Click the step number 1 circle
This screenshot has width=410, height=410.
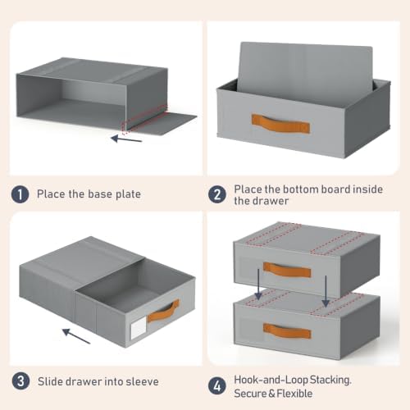click(20, 194)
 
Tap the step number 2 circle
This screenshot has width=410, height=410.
click(217, 194)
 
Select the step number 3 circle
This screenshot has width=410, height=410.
click(20, 381)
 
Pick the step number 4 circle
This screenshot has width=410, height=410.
click(217, 386)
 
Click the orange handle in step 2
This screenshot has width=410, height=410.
click(280, 124)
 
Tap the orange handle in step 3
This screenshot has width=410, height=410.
click(163, 311)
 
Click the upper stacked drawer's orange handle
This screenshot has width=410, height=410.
click(287, 270)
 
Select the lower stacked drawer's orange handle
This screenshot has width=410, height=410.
click(287, 330)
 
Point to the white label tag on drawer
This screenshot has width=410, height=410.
click(139, 328)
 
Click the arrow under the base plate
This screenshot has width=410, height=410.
click(126, 139)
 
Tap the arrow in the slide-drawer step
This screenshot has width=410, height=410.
click(76, 336)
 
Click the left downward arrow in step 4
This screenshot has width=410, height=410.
click(258, 284)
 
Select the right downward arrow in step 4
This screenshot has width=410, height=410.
click(326, 291)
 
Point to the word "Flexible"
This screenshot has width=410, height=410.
click(294, 394)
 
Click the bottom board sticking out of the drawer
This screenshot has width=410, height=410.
click(305, 70)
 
